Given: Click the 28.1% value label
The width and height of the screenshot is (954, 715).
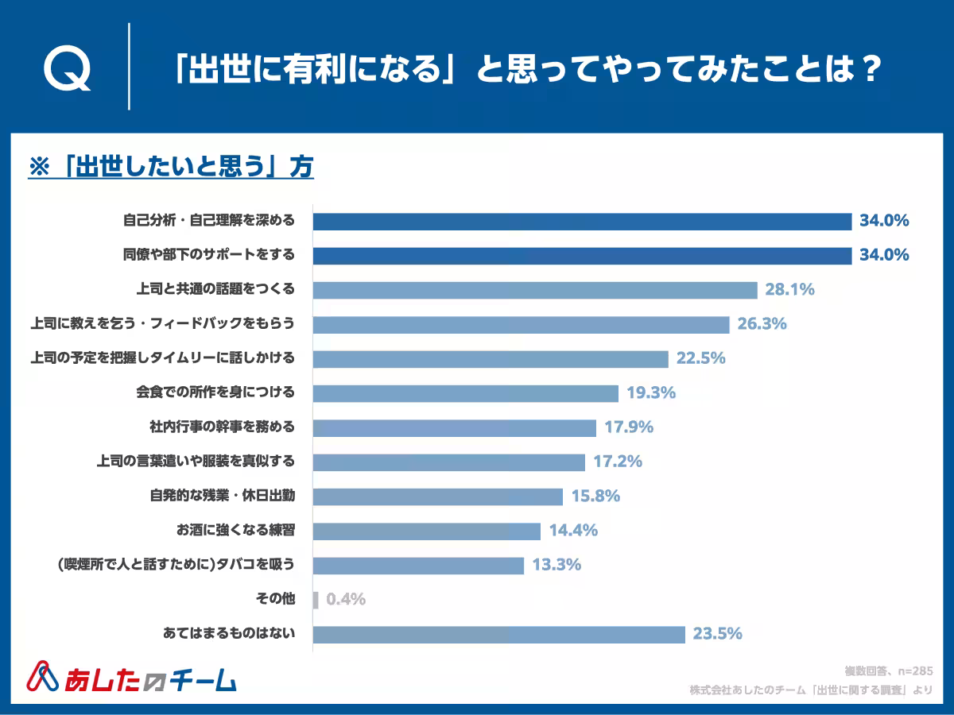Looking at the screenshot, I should [789, 290].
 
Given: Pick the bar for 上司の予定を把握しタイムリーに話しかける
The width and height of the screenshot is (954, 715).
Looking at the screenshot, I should [490, 358].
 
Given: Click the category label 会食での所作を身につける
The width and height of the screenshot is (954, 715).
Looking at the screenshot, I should [216, 392].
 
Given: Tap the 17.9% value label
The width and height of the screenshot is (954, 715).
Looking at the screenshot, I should [628, 427].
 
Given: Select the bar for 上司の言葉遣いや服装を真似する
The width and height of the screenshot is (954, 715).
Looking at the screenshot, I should [448, 462].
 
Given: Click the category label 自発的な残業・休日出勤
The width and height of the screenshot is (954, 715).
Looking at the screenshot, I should [223, 496].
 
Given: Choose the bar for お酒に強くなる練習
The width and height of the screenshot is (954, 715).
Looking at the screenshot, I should [426, 531].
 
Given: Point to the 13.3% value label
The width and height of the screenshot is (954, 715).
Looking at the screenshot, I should [556, 565].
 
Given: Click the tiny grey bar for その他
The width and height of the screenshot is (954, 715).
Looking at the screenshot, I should [316, 599].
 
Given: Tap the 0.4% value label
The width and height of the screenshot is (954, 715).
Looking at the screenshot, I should [346, 599].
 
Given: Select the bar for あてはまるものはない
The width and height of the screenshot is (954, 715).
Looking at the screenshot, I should [498, 634].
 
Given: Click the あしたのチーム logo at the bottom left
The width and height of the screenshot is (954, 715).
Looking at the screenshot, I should [131, 677].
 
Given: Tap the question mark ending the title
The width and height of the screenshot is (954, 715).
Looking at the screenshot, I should [869, 70].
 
